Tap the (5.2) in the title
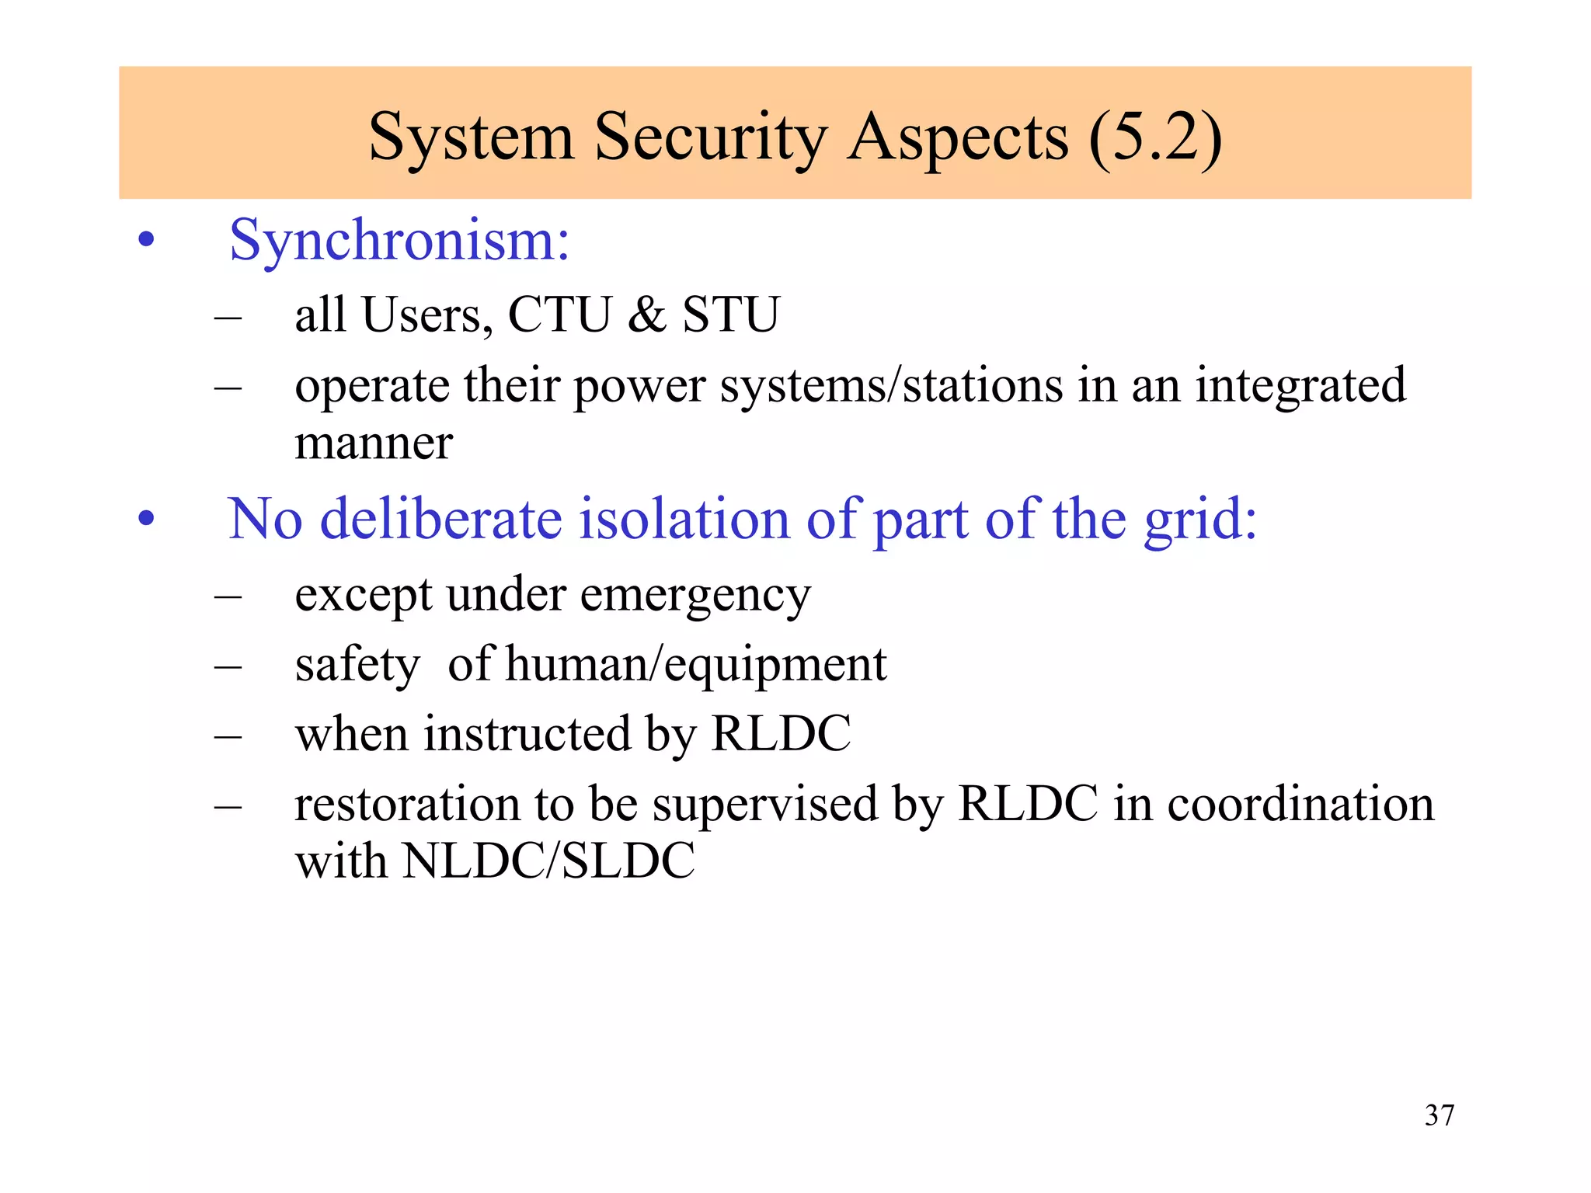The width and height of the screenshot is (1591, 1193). coord(1155,137)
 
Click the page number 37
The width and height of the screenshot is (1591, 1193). coord(1440,1115)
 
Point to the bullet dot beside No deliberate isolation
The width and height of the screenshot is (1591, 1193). coord(146,519)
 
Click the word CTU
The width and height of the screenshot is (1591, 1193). coord(559,315)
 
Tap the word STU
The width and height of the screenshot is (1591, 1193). coord(730,315)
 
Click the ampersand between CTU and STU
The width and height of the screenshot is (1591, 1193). coord(647,315)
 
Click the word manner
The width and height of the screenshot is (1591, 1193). coord(374,443)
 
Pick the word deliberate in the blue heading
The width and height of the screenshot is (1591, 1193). coord(441,519)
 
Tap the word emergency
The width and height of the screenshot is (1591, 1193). coord(695,596)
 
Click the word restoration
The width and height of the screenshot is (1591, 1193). coord(406,804)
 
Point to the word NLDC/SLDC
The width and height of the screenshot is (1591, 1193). coord(549,861)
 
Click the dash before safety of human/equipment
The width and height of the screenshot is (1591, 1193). coord(228,667)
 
